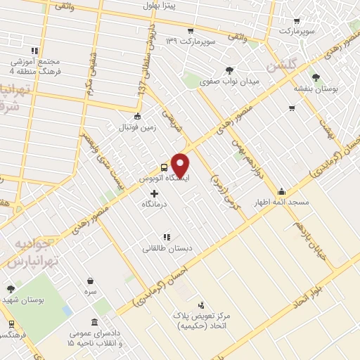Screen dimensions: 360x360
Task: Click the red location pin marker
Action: pyautogui.click(x=181, y=166)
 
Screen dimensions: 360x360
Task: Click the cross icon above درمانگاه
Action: pyautogui.click(x=155, y=193)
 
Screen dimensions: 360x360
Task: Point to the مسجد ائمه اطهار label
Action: pyautogui.click(x=282, y=202)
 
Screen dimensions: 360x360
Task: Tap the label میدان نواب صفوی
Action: pyautogui.click(x=231, y=81)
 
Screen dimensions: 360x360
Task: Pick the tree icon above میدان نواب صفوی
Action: pyautogui.click(x=230, y=70)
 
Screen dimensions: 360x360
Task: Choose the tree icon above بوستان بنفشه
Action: pyautogui.click(x=316, y=78)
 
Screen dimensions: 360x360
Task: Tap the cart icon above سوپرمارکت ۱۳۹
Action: pyautogui.click(x=190, y=31)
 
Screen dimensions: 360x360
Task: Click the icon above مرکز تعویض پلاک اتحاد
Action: pyautogui.click(x=201, y=305)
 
